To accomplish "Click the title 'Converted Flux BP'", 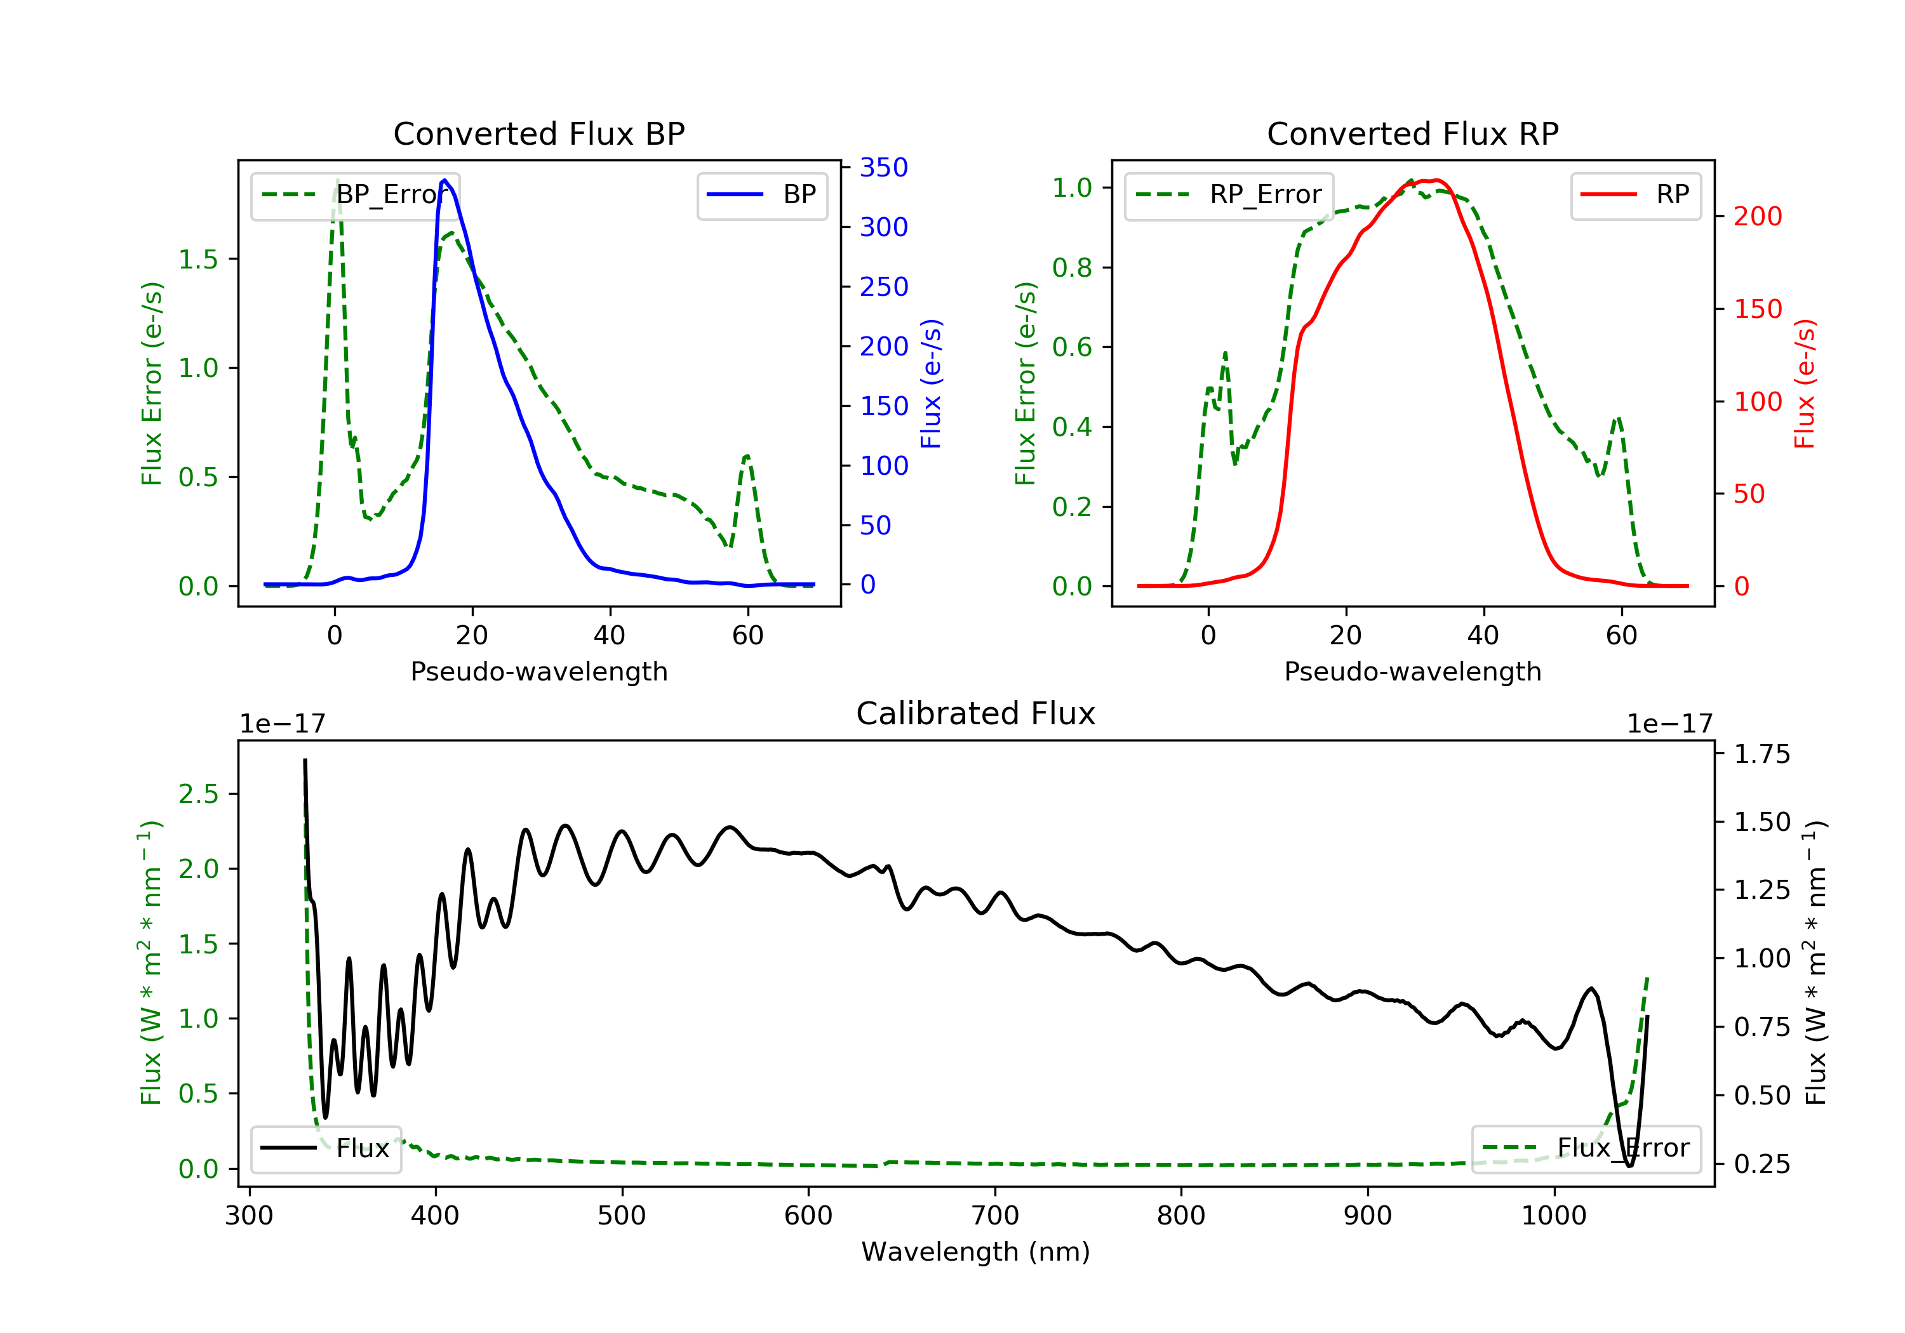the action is (x=538, y=133).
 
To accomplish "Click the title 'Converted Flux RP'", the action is (x=1412, y=133).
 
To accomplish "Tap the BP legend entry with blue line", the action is (x=761, y=195).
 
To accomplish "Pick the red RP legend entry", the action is (x=1634, y=195).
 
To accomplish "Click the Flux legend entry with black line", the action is (x=325, y=1148).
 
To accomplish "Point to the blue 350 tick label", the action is (x=884, y=168).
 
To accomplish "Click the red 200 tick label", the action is (x=1757, y=216).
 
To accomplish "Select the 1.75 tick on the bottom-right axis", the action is (x=1762, y=754).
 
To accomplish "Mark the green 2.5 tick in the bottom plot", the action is (x=198, y=794).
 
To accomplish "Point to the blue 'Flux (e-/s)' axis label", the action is (x=932, y=383).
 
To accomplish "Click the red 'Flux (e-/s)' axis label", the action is (x=1805, y=383).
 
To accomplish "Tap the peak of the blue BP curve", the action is (x=444, y=180).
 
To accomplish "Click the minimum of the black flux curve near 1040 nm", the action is (x=1629, y=1165).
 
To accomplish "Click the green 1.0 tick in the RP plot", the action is (x=1072, y=187).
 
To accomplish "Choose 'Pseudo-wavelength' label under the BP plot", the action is (x=539, y=671).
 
